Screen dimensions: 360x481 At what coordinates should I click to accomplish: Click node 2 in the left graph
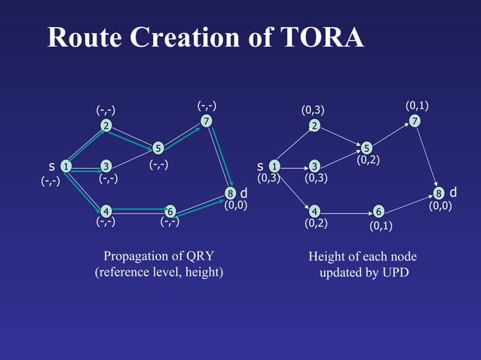point(108,126)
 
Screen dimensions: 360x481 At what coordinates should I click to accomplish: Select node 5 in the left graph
point(158,148)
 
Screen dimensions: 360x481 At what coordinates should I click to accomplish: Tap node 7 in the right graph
point(415,121)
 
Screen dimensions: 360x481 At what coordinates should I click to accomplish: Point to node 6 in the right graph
point(378,211)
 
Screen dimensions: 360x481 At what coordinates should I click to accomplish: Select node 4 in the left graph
point(106,211)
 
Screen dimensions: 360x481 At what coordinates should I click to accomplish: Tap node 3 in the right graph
point(314,166)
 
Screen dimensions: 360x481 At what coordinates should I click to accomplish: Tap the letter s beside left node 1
point(51,166)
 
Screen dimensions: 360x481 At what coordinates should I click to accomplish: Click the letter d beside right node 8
point(452,194)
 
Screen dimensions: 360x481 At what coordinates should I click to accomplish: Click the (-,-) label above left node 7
point(207,105)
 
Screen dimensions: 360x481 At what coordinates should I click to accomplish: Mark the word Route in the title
point(82,37)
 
